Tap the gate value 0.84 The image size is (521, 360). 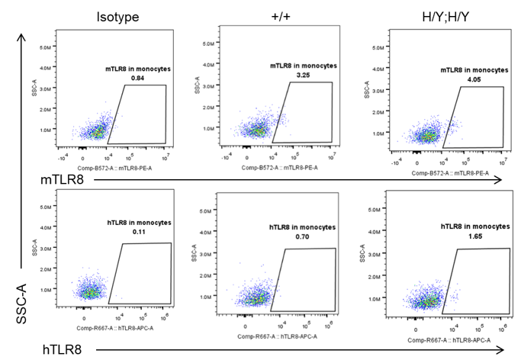point(138,78)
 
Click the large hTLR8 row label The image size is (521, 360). point(63,350)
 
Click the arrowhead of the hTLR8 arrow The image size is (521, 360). point(500,350)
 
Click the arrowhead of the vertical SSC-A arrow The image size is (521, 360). point(23,37)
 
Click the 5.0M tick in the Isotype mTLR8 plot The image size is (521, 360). point(45,46)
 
